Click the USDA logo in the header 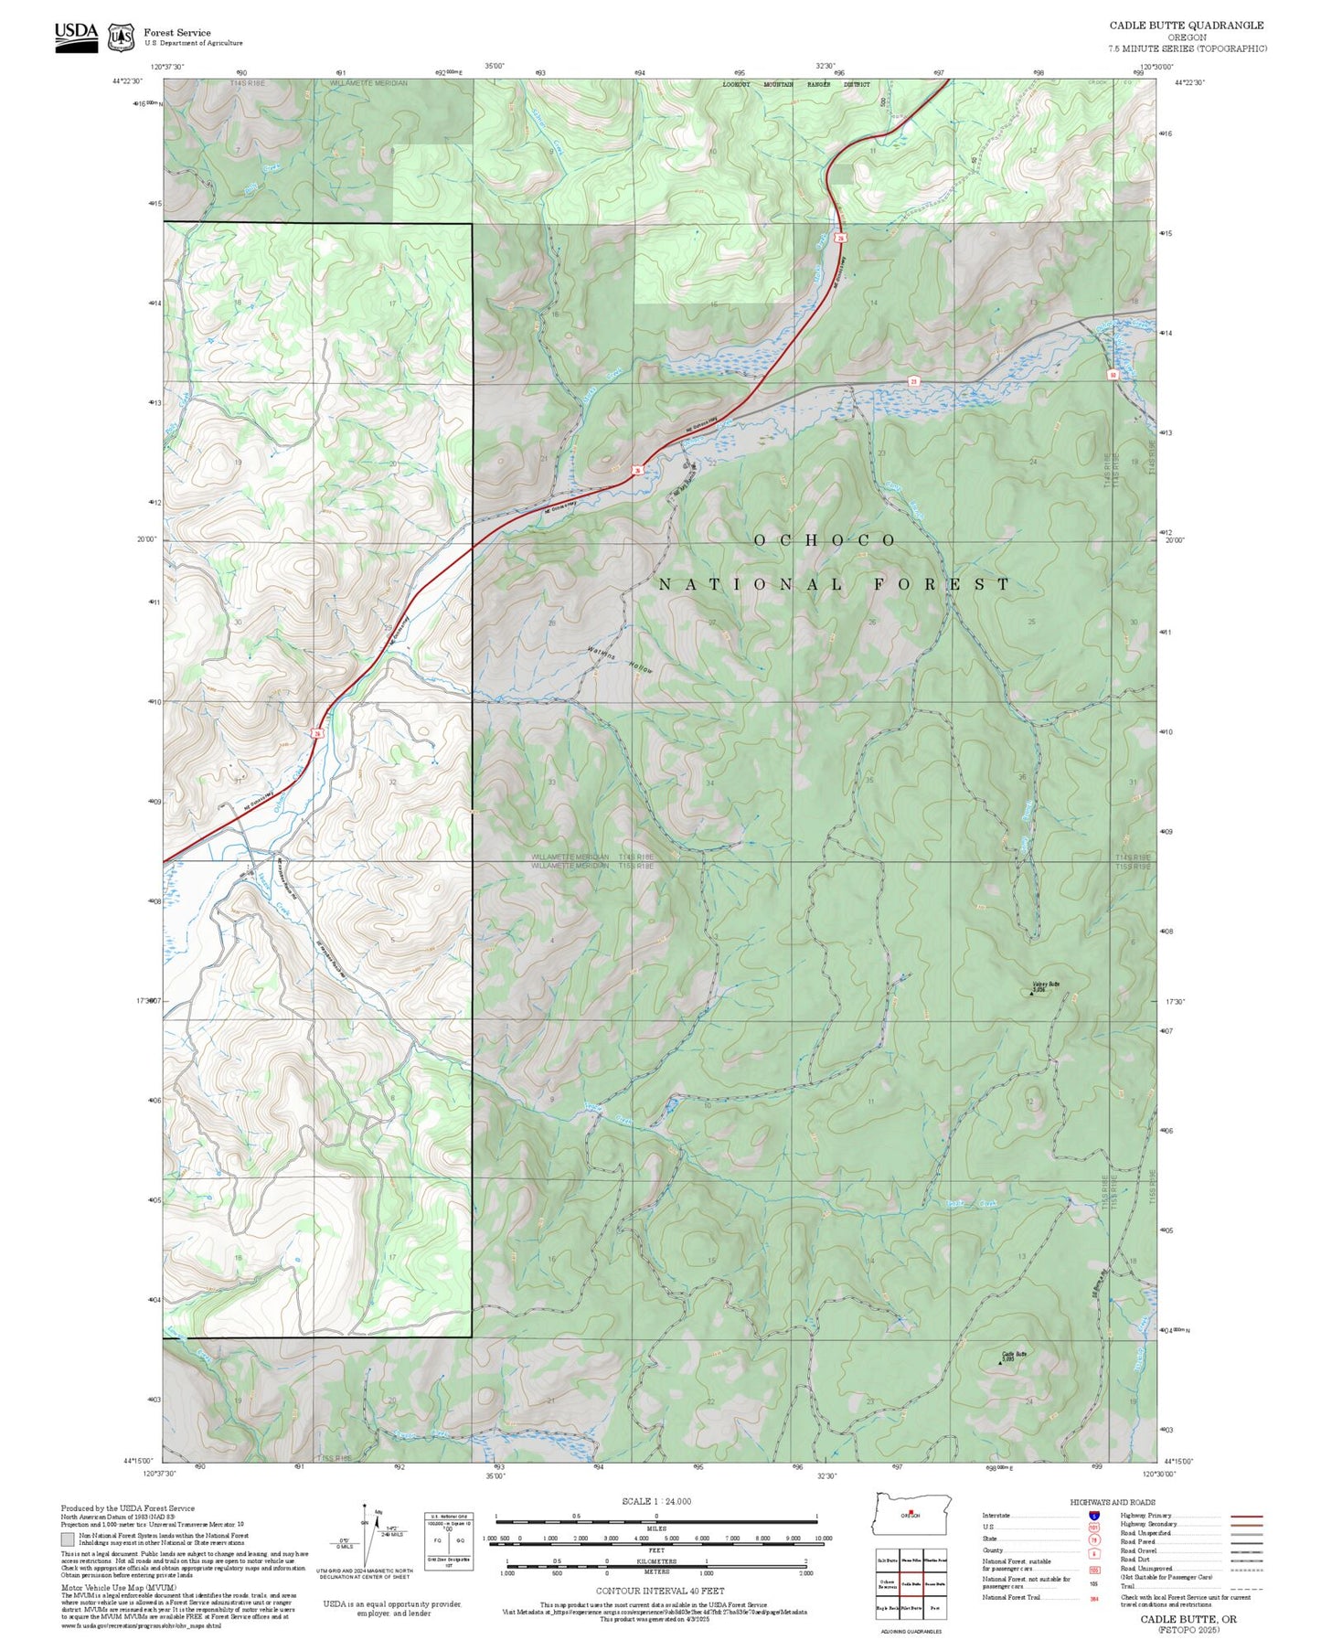tap(76, 37)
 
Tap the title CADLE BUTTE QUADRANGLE tap(1186, 25)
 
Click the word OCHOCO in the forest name tap(825, 540)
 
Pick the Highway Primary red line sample tap(1246, 1516)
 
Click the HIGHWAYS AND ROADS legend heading tap(1113, 1502)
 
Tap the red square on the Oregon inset tap(911, 1511)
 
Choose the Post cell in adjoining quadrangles tap(934, 1607)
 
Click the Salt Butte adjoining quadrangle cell tap(887, 1560)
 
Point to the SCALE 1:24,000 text tap(655, 1501)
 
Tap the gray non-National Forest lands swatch tap(69, 1539)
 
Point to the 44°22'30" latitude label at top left tap(128, 80)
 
